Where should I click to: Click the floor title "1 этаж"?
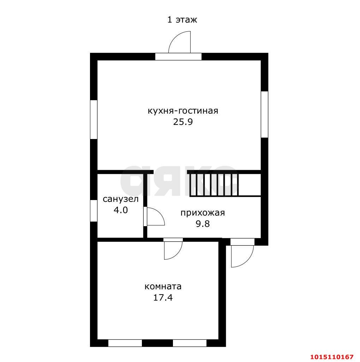[182, 20]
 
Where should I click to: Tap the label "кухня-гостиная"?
[183, 111]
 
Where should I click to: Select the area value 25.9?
[183, 122]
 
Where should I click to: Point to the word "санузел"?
[121, 199]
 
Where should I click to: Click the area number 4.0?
[121, 210]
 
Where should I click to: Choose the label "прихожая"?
[203, 213]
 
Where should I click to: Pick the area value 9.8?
[203, 224]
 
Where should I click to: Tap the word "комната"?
[163, 287]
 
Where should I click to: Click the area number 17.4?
[163, 298]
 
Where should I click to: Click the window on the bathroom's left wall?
[94, 211]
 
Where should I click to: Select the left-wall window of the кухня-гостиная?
[94, 119]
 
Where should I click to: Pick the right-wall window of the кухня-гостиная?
[264, 115]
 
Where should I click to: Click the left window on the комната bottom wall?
[125, 343]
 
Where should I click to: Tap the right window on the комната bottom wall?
[190, 343]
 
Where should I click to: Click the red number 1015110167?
[332, 357]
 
